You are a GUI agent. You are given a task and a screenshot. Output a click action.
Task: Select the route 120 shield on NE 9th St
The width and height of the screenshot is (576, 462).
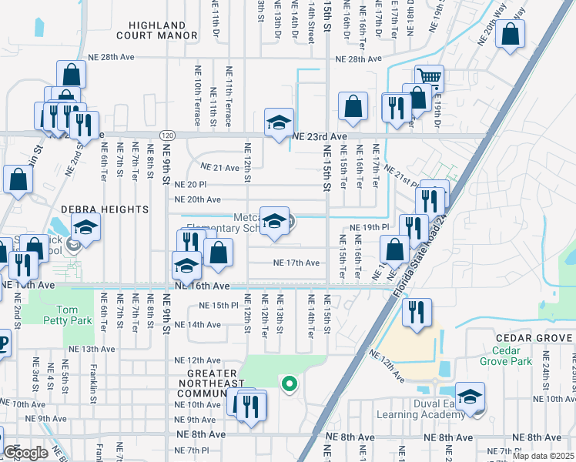166,136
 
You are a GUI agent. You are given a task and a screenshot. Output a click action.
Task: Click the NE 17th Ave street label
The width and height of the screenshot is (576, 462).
296,263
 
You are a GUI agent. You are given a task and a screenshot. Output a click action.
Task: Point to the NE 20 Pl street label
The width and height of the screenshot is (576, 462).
191,185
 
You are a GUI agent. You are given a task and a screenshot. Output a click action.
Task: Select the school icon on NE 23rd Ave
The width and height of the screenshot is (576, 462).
279,122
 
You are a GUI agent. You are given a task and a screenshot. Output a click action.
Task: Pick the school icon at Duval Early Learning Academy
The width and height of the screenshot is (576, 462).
469,396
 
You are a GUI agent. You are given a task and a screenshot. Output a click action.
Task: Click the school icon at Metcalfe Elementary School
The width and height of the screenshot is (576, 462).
274,222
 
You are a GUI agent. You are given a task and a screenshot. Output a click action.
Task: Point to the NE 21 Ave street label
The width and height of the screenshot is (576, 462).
220,168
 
